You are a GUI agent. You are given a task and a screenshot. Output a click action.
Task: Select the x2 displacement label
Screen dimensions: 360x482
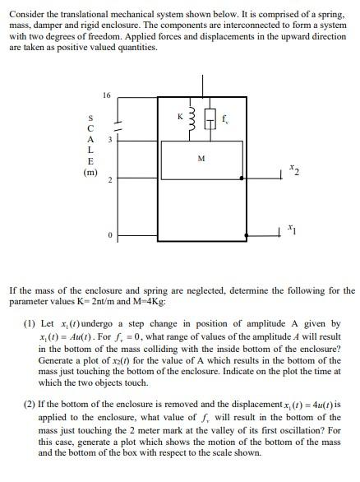[x=294, y=171]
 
